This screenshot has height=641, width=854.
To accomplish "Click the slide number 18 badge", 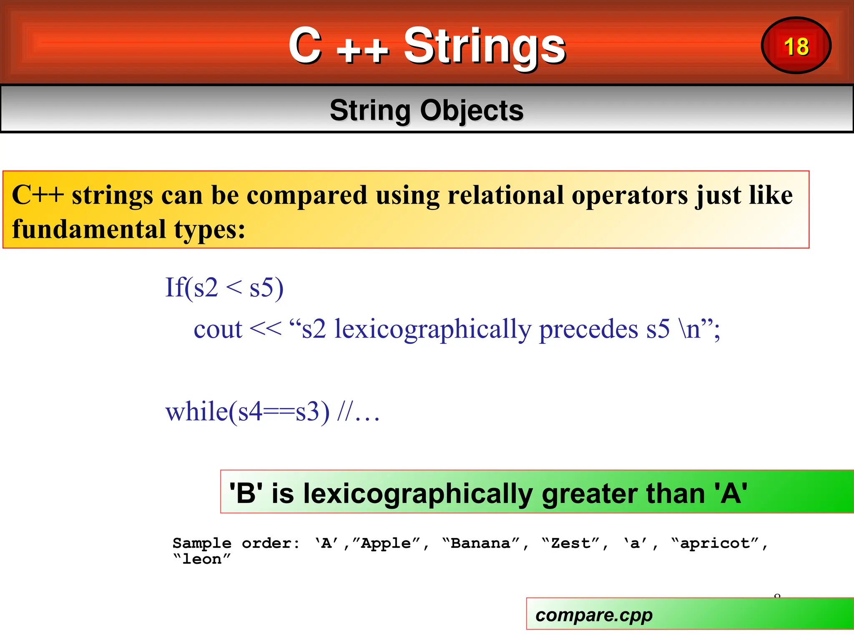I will tap(796, 46).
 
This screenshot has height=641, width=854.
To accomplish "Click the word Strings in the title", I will tap(485, 46).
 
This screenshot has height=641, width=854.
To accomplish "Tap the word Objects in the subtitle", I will tap(471, 111).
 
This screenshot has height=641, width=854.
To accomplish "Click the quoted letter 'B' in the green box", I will tap(246, 493).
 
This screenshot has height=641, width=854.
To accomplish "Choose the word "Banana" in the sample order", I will tap(480, 543).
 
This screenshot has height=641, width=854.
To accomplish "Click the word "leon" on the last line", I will tap(202, 559).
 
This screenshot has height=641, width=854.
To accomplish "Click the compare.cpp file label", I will tap(594, 615).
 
